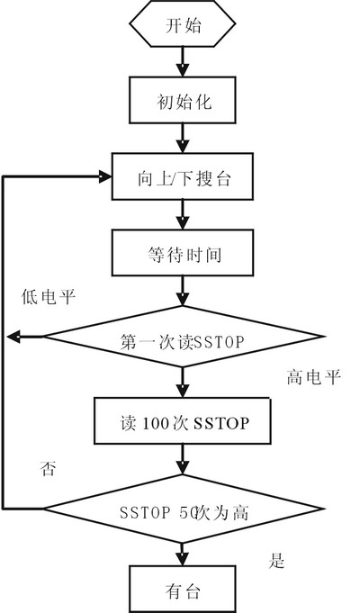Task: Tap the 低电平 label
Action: point(49,297)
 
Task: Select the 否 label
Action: point(48,468)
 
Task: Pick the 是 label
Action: point(276,561)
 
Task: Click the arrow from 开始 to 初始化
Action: point(183,62)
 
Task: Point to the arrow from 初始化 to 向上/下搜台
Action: point(183,138)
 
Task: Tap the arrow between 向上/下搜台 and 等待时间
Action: point(183,214)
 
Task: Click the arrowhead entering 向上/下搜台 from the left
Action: point(105,176)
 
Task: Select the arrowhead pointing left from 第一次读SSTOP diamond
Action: point(13,337)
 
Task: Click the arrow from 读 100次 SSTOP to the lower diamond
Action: point(183,459)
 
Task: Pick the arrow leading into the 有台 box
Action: point(183,554)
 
